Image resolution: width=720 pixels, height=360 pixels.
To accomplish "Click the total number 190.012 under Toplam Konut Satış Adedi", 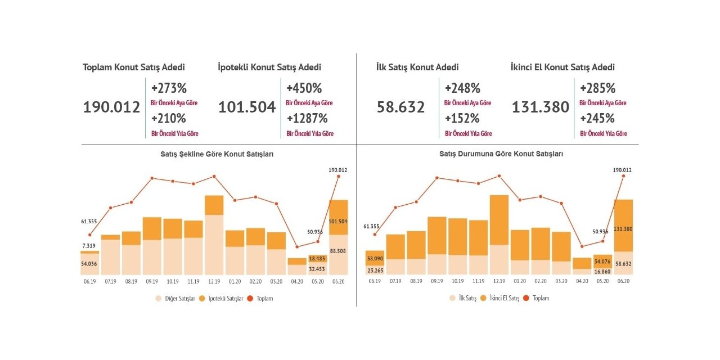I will [x=111, y=107].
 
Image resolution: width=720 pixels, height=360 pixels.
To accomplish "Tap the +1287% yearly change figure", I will [x=307, y=119].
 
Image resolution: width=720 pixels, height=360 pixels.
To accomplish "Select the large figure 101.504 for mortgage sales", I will [x=247, y=107].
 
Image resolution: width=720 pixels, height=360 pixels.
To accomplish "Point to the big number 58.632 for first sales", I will [x=400, y=107].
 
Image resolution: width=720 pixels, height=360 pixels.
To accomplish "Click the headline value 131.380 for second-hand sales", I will [x=541, y=107].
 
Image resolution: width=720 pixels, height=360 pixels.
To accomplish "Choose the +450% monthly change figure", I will [x=304, y=88].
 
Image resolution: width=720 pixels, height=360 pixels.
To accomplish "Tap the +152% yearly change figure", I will [x=462, y=119].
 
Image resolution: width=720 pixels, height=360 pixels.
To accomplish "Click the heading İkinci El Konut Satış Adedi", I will [x=562, y=67].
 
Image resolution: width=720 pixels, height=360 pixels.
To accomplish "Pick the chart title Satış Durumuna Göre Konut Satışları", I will [x=501, y=154].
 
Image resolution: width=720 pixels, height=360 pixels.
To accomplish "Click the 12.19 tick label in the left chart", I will [x=214, y=281].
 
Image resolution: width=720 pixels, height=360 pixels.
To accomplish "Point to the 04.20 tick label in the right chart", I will [x=582, y=281].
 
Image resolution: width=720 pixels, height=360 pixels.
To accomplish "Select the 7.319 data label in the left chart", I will [x=89, y=246].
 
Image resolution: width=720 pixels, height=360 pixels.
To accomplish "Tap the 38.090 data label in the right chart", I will [x=375, y=259].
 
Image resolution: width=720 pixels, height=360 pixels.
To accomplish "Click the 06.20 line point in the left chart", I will [x=339, y=177].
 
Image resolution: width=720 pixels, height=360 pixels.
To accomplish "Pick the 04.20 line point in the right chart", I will [x=582, y=246].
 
